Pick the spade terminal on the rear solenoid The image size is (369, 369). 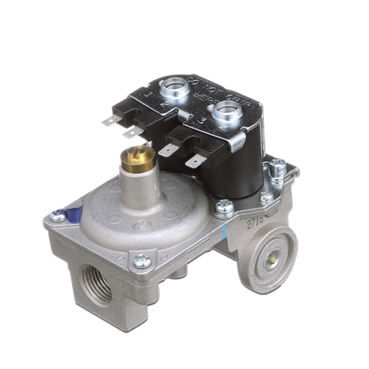pyautogui.click(x=110, y=121)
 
